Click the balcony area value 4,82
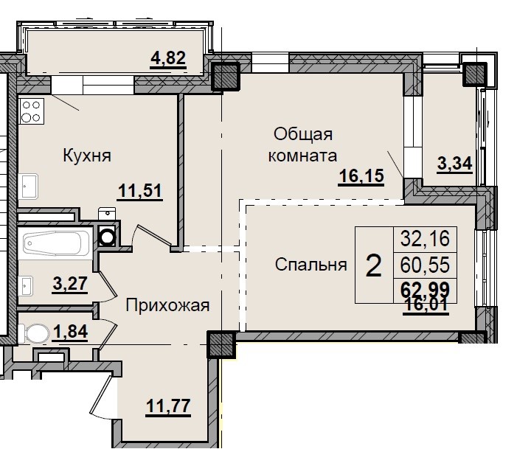tap(167, 58)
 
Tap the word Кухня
tap(86, 156)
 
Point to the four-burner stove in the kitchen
tap(31, 111)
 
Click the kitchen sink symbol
tap(30, 187)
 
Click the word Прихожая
tap(167, 304)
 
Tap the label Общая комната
tap(304, 145)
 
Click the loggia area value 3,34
tap(454, 164)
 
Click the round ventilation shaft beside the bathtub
tap(108, 237)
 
